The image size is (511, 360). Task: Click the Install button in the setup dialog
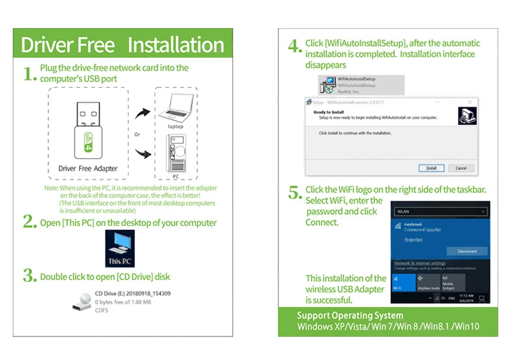click(x=431, y=168)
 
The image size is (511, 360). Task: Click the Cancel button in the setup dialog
click(x=461, y=168)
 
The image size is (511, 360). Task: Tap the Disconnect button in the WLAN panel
click(x=467, y=251)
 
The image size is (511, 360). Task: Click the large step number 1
click(x=30, y=74)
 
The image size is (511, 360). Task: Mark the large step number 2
click(x=30, y=222)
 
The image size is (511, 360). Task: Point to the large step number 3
click(x=30, y=276)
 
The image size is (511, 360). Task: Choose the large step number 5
click(x=295, y=193)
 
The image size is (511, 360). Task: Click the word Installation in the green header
click(x=175, y=45)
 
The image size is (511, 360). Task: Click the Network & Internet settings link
click(x=420, y=263)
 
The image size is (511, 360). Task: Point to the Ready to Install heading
click(x=329, y=112)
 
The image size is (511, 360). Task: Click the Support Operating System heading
click(x=350, y=316)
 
